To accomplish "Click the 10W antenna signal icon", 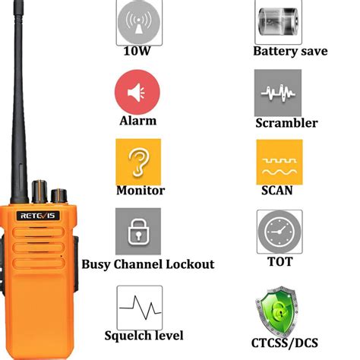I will pyautogui.click(x=138, y=22).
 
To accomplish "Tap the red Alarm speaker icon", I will pyautogui.click(x=137, y=93).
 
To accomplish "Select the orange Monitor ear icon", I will pyautogui.click(x=137, y=161).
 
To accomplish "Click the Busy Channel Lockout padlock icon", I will pyautogui.click(x=138, y=231).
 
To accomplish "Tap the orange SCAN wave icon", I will pyautogui.click(x=279, y=162).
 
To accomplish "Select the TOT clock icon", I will pyautogui.click(x=280, y=231).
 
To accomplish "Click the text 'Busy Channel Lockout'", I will pyautogui.click(x=147, y=264).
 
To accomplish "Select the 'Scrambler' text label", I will pyautogui.click(x=286, y=123).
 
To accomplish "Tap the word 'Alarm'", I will pyautogui.click(x=137, y=120).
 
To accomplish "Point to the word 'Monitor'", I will pyautogui.click(x=141, y=191).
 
